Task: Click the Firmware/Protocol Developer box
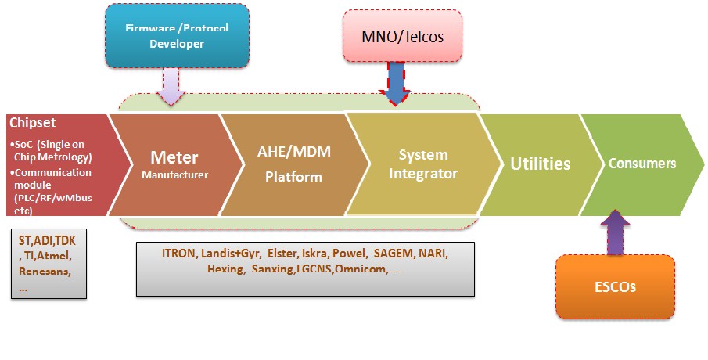[x=177, y=36]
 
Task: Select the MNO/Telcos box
[x=402, y=36]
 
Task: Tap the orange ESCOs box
[x=615, y=286]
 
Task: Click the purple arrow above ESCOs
[x=615, y=232]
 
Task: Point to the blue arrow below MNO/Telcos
[x=395, y=84]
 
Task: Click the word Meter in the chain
[x=174, y=157]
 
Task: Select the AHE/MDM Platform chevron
[x=294, y=165]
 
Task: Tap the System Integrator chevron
[x=423, y=164]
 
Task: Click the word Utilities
[x=540, y=164]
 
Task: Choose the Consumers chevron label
[x=642, y=163]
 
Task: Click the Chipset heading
[x=33, y=122]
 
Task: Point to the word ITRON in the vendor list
[x=179, y=254]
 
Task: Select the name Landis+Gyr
[x=230, y=254]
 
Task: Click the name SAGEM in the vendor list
[x=394, y=254]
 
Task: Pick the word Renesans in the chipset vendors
[x=45, y=271]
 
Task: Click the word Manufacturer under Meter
[x=174, y=175]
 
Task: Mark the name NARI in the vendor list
[x=433, y=254]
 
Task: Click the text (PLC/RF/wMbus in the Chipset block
[x=53, y=198]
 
